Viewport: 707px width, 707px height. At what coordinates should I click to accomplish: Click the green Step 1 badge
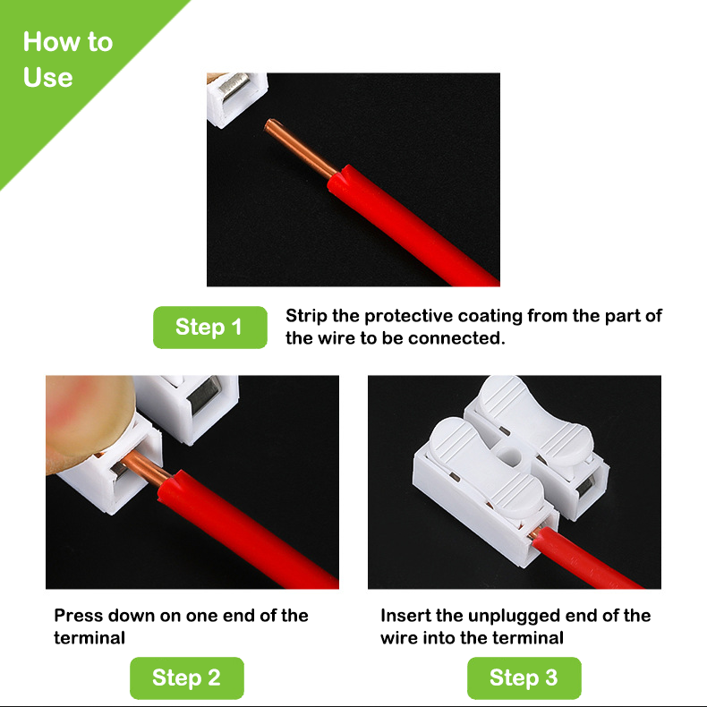[x=210, y=327]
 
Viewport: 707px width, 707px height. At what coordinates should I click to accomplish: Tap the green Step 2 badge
[x=187, y=677]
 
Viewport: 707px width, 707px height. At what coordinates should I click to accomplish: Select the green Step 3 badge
[x=524, y=677]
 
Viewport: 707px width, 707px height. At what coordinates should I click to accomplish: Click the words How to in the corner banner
[x=68, y=41]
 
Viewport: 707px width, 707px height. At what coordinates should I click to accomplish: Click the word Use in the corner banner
[x=47, y=77]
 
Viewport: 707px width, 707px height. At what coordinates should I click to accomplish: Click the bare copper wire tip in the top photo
[x=269, y=124]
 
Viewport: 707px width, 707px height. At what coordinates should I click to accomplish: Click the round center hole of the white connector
[x=511, y=456]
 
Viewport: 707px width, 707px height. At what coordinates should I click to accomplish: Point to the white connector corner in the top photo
[x=237, y=99]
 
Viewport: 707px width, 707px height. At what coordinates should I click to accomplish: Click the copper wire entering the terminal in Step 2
[x=144, y=468]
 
